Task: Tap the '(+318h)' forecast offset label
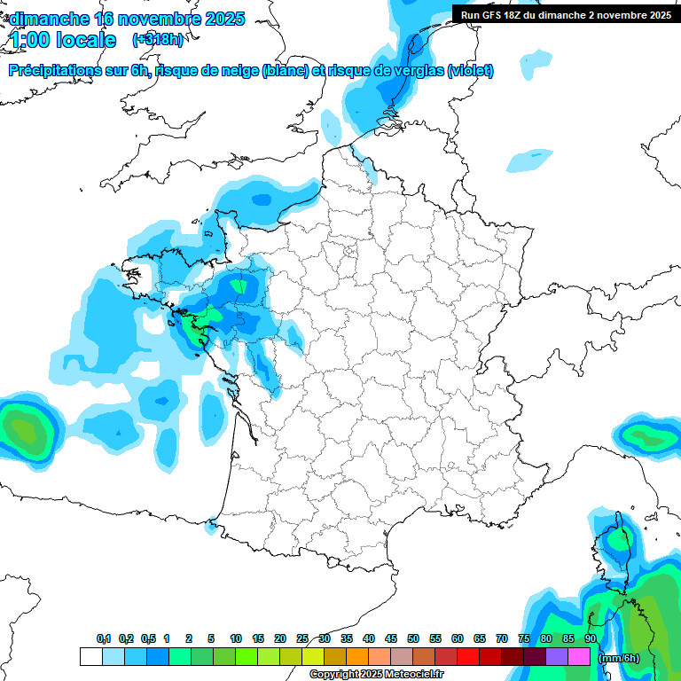(x=158, y=40)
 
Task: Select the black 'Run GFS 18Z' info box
(x=566, y=14)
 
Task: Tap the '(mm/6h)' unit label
(x=619, y=658)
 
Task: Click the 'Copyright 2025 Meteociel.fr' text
(x=376, y=674)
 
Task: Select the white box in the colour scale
(x=90, y=657)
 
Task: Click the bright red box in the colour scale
(x=468, y=657)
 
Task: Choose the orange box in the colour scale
(x=357, y=657)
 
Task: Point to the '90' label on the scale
(x=591, y=638)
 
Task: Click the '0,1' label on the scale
(x=104, y=638)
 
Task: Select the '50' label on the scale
(x=413, y=638)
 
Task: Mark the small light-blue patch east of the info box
(x=528, y=160)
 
